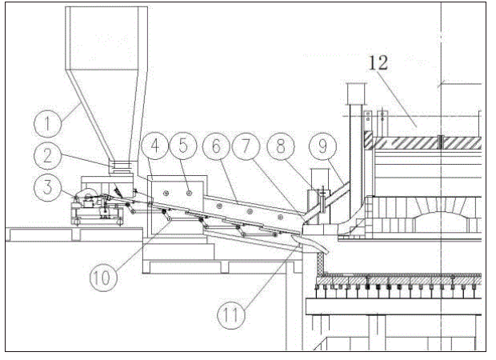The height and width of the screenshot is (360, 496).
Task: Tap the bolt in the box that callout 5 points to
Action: click(x=190, y=191)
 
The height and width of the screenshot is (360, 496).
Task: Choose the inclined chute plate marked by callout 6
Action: click(x=240, y=210)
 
